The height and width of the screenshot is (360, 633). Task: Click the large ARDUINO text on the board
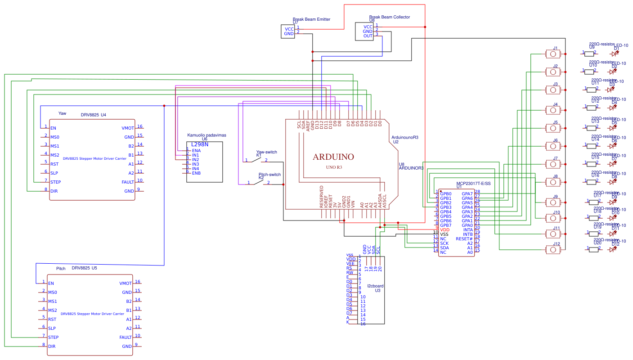333,157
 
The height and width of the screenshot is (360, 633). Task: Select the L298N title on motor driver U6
200,144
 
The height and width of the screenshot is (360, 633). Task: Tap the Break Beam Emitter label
311,19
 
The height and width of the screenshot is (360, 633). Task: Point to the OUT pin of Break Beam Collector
368,36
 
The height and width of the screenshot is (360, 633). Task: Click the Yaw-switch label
266,152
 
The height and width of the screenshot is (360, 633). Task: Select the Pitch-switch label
269,175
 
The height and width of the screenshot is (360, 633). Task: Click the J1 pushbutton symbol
553,54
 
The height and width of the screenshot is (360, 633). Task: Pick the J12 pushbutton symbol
553,249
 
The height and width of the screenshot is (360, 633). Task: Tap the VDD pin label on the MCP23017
444,230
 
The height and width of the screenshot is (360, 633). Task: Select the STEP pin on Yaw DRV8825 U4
55,182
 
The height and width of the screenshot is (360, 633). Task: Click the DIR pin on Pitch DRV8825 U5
51,346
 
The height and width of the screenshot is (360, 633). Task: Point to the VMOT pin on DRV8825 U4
127,128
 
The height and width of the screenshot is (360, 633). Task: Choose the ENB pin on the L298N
196,173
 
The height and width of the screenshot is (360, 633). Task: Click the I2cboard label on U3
375,286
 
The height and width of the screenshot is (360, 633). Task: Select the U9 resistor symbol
589,54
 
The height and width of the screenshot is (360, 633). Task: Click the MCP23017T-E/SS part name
473,184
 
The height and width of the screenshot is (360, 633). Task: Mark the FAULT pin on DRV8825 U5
126,337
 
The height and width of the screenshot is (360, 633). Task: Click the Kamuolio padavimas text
207,135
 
